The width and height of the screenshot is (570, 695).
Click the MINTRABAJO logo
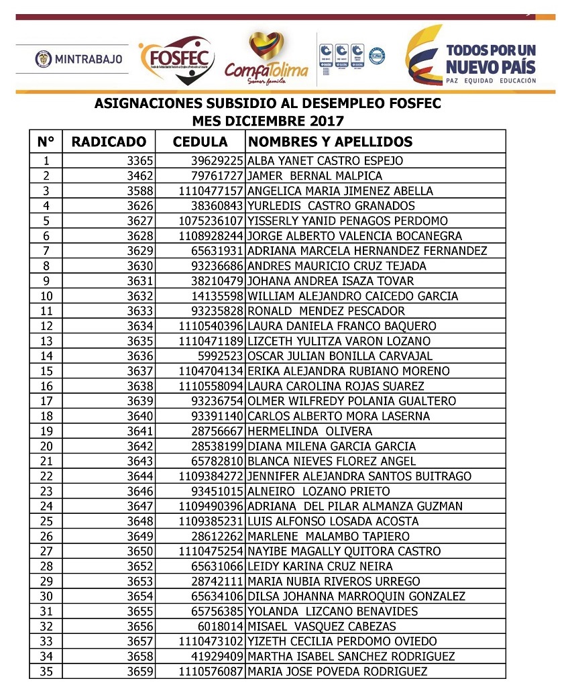(79, 59)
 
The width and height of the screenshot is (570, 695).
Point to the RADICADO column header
(109, 142)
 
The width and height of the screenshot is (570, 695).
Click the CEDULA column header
(200, 142)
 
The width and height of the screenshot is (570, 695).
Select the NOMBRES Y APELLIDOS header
(330, 142)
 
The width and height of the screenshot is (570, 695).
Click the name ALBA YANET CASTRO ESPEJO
(325, 161)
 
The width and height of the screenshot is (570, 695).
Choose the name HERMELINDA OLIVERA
(310, 431)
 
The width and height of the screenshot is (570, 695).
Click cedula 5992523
(221, 356)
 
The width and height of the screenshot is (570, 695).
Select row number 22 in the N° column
(46, 476)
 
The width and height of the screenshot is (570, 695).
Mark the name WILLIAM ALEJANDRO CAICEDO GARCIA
(353, 296)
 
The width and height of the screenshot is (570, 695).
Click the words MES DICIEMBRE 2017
(268, 121)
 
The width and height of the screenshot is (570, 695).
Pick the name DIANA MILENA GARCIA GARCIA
(331, 446)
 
